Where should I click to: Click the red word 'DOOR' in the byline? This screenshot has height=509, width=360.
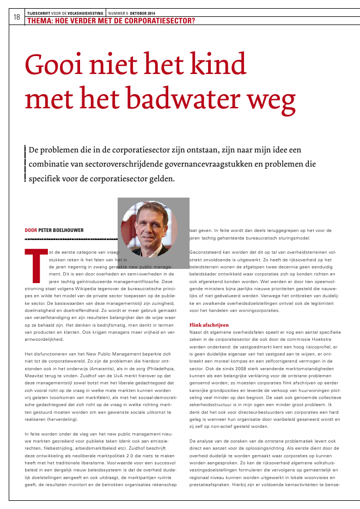[31, 230]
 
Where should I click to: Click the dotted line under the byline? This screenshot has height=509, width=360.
[71, 239]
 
